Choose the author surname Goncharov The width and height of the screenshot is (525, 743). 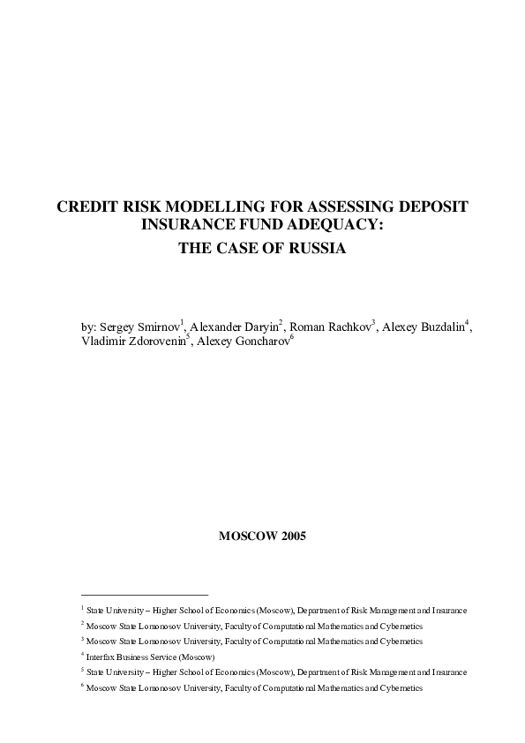click(260, 341)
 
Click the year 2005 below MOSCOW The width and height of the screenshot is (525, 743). click(291, 536)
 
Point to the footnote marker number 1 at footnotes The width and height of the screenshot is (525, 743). click(81, 608)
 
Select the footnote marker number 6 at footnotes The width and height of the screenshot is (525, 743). click(81, 686)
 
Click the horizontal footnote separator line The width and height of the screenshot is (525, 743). click(143, 595)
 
